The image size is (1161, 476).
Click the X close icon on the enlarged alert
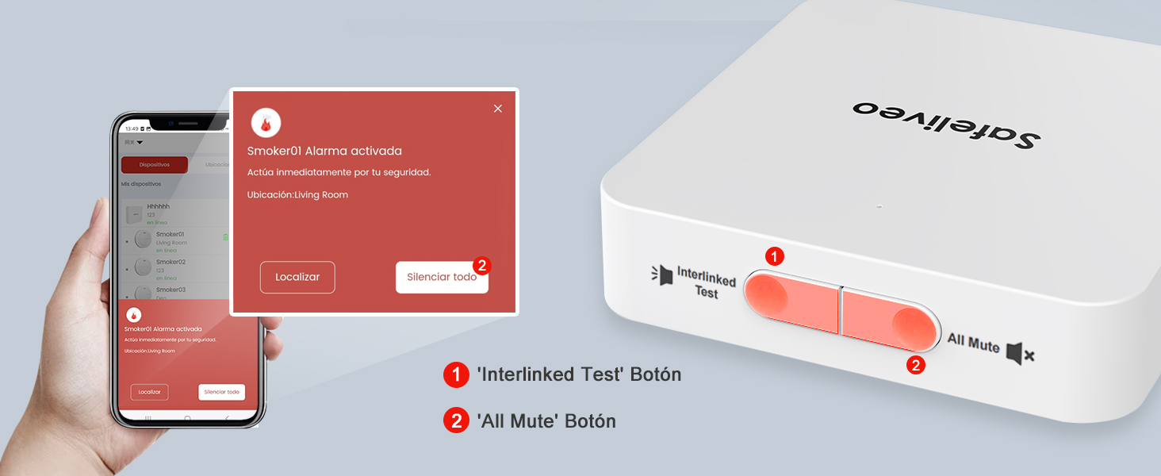click(498, 109)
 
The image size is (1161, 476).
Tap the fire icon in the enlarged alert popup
click(266, 123)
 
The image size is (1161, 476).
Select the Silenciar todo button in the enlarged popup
click(442, 277)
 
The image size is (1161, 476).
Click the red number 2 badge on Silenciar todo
click(481, 265)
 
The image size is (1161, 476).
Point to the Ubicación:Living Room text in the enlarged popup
click(297, 194)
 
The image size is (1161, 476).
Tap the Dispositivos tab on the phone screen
click(155, 165)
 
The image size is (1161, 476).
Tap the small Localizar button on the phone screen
click(149, 392)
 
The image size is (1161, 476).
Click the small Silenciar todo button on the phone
click(221, 392)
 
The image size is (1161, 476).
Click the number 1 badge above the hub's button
click(775, 256)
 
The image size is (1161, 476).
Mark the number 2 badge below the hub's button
click(915, 365)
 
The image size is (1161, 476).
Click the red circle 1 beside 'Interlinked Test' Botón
click(456, 374)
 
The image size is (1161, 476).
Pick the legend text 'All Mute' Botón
click(546, 420)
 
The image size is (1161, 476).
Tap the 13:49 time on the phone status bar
click(131, 129)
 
